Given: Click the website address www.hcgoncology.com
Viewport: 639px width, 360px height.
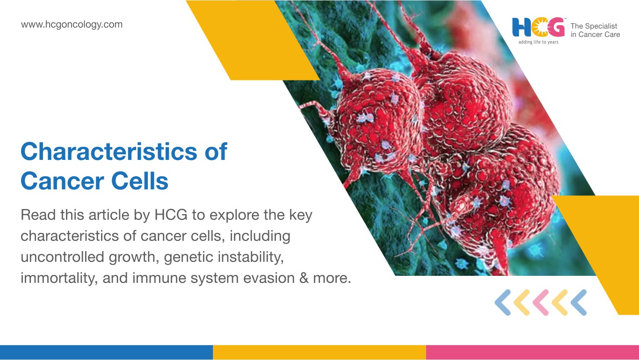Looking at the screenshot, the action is click(x=72, y=25).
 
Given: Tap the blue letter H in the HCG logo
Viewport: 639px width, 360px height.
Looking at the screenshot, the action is click(x=522, y=28).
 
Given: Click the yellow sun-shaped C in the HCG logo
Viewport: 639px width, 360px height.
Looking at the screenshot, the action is click(x=539, y=28).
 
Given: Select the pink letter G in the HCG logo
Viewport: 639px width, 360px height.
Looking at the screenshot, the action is click(x=556, y=28).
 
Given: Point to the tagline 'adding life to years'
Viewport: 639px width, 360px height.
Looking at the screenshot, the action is click(x=538, y=42).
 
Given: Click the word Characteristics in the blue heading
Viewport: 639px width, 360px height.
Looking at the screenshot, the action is click(x=109, y=151).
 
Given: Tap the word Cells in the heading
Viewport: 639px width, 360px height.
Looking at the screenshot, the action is click(x=140, y=181).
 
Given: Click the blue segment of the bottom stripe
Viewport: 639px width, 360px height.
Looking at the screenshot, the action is click(x=106, y=353).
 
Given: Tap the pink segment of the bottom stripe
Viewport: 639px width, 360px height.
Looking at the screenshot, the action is click(x=532, y=353).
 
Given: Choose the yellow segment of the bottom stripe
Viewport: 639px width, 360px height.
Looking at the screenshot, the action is click(x=319, y=353).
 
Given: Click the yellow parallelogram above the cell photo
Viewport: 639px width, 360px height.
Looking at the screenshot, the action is click(x=253, y=40).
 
